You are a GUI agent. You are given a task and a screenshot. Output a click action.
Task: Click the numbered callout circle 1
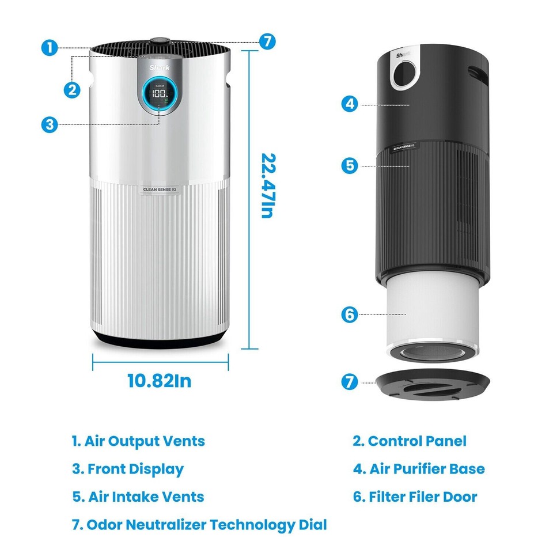50,48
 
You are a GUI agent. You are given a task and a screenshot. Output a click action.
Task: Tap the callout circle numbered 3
50,124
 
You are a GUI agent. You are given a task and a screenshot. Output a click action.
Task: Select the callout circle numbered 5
349,166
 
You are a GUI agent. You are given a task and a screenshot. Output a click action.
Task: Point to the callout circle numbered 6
349,315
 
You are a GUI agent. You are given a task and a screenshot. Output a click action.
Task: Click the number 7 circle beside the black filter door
349,382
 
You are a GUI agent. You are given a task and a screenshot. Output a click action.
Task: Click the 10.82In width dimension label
159,381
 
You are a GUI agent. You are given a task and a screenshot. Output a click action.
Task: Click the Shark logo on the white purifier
157,67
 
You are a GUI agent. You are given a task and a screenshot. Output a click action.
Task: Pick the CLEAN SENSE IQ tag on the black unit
406,147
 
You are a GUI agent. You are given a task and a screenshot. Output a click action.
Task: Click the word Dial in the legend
311,525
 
